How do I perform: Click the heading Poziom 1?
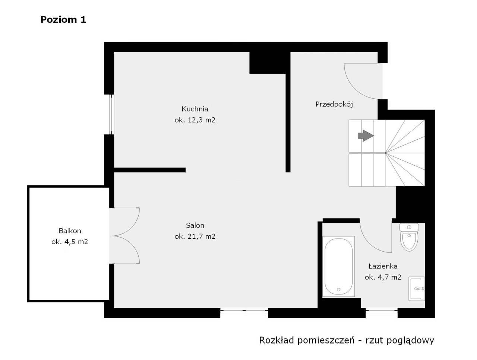63,20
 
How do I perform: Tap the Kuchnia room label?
195,109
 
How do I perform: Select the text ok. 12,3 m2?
195,120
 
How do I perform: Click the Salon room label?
195,225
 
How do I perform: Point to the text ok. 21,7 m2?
195,236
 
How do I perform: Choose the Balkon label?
70,231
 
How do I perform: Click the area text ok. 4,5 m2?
70,242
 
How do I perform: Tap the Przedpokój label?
334,104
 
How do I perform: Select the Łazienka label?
383,266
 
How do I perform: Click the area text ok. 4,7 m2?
383,277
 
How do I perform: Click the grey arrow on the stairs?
365,136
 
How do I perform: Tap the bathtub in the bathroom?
338,267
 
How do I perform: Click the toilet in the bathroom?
409,238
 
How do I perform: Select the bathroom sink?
417,289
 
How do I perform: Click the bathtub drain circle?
338,289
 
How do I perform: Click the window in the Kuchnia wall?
111,114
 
